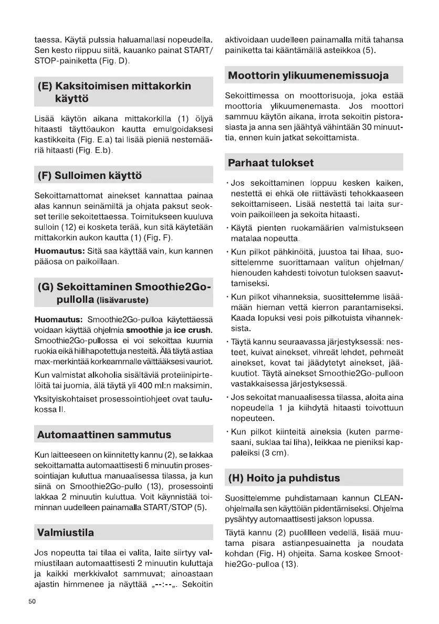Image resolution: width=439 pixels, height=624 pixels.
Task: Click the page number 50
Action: point(32,601)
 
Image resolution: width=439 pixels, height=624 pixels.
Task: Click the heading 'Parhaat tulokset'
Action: point(270,163)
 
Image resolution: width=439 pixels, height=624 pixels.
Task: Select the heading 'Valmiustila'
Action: point(66,533)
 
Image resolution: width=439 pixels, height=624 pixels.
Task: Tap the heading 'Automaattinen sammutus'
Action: point(104,435)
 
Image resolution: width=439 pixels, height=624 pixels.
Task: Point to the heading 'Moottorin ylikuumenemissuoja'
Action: point(308,76)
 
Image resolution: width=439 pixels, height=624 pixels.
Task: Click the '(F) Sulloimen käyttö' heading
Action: point(89,175)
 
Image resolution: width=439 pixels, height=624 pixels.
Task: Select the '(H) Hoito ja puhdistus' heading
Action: point(284,478)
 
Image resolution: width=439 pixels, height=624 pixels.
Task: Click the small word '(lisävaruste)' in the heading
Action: point(122,301)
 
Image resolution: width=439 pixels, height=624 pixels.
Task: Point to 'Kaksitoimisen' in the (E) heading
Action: point(93,86)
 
